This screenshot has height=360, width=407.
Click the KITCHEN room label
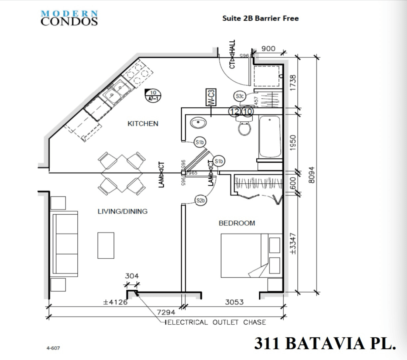tap(143, 124)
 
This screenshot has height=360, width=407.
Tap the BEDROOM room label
tap(237, 223)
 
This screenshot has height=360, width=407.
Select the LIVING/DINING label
tap(123, 211)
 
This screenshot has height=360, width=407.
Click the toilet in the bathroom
tap(245, 127)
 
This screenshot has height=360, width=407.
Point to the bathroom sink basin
tap(199, 123)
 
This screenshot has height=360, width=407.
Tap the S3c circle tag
tap(240, 96)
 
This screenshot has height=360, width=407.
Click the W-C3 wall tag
tap(211, 97)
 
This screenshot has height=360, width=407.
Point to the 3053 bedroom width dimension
tap(234, 302)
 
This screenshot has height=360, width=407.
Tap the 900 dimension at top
tap(268, 49)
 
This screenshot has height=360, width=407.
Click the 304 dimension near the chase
tap(132, 276)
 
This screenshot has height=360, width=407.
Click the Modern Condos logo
tap(69, 18)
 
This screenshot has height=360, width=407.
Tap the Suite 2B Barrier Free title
tap(260, 18)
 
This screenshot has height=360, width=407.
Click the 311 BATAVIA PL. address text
tap(325, 343)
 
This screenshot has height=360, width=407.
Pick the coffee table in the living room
tap(106, 245)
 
